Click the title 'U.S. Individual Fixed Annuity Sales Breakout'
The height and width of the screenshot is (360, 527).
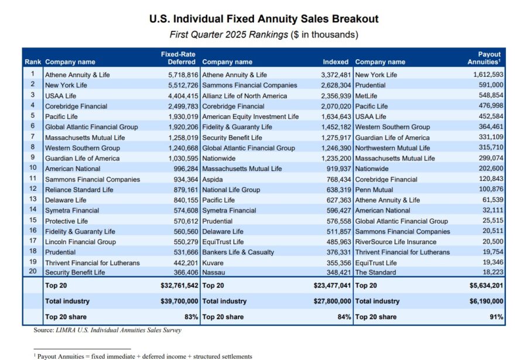tap(263, 19)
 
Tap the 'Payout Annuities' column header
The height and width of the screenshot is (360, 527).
tap(485, 58)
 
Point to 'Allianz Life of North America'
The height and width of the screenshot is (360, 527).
tap(244, 96)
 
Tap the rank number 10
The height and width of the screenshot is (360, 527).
tap(33, 169)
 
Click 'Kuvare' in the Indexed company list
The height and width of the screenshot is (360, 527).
tap(213, 262)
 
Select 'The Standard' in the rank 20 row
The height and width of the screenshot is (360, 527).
tap(375, 273)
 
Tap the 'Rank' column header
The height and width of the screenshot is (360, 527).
tap(33, 62)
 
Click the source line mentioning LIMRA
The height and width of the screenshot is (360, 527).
tap(107, 330)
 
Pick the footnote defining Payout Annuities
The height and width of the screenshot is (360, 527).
tap(143, 356)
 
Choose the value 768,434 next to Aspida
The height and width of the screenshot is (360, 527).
tap(336, 179)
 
